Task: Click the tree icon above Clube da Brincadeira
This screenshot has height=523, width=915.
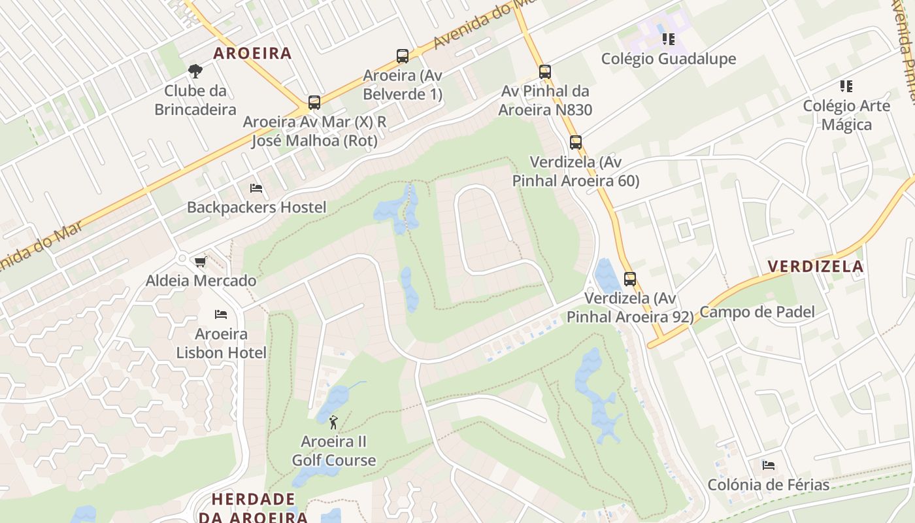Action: click(195, 71)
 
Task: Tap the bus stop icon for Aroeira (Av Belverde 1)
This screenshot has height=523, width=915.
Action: click(403, 56)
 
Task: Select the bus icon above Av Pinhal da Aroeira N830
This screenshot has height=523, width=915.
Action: click(545, 72)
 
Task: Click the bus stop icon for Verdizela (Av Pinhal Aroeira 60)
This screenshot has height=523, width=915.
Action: click(576, 143)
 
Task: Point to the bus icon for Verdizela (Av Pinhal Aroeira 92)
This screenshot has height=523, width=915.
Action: click(630, 279)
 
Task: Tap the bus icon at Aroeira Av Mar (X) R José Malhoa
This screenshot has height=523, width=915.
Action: click(314, 103)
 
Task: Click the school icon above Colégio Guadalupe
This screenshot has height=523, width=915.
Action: click(668, 39)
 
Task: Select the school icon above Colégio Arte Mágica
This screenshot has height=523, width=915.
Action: click(846, 86)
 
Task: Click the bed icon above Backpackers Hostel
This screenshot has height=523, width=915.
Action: click(256, 188)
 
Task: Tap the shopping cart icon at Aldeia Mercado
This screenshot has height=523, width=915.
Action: click(200, 261)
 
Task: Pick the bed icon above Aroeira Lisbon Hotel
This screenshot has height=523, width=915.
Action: click(221, 314)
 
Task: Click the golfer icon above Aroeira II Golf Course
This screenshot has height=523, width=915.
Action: click(333, 422)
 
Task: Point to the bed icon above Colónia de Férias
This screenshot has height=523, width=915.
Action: click(769, 465)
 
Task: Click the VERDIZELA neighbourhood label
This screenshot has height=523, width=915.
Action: click(816, 266)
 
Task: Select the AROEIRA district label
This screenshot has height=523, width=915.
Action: click(252, 53)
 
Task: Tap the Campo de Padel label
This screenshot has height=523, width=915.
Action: click(757, 312)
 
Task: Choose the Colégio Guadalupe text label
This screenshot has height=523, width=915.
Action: click(669, 59)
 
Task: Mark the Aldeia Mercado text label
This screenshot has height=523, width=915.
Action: click(201, 281)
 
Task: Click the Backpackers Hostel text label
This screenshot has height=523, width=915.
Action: click(256, 207)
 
